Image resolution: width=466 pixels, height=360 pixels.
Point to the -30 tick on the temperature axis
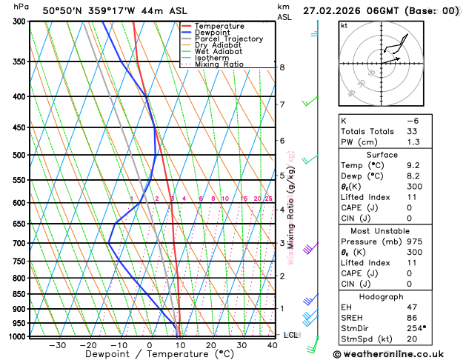click(x=57, y=345)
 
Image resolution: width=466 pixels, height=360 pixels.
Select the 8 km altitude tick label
click(x=282, y=67)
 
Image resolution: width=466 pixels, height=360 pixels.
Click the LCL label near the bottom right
click(x=291, y=336)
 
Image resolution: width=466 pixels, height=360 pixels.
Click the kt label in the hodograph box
click(x=344, y=25)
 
